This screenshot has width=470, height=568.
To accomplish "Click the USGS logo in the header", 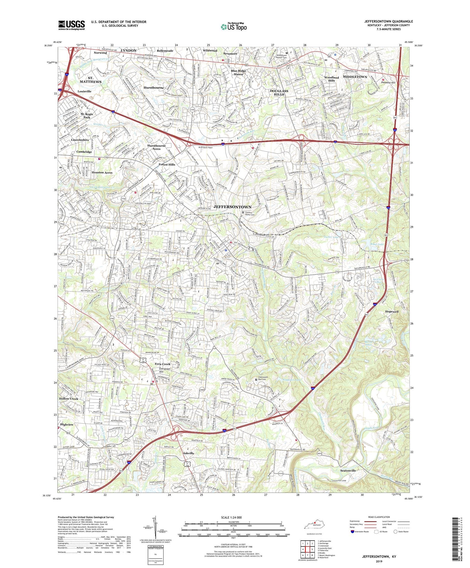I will pos(72,25).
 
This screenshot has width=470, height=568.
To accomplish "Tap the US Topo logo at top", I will pos(234,27).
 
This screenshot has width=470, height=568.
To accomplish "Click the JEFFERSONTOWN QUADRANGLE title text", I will pos(388,21).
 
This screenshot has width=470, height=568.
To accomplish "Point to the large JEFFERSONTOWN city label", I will pos(232,207).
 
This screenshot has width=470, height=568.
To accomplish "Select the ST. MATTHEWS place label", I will pos(90,80).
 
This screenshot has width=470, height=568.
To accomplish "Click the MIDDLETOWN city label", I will pos(354,77).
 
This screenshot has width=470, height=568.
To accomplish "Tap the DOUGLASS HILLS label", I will pos(279,92).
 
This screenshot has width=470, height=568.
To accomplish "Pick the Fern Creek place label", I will pos(162,364).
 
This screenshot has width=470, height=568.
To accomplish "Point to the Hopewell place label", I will pos(392,311).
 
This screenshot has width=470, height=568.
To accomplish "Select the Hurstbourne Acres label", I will pos(156,147).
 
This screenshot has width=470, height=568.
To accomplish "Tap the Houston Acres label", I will pos(102,172).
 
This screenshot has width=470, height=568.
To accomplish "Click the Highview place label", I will pos(67,425).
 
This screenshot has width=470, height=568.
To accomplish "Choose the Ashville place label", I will pos(188,453).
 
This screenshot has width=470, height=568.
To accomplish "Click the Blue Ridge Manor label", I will pos(238,72).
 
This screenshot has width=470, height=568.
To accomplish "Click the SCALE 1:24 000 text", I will pos(231,517).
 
